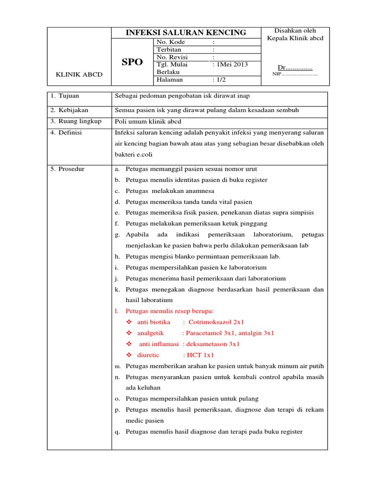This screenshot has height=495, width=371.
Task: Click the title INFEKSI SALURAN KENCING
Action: pyautogui.click(x=186, y=33)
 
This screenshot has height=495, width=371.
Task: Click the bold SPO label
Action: pyautogui.click(x=133, y=62)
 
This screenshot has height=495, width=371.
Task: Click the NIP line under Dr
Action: pyautogui.click(x=295, y=74)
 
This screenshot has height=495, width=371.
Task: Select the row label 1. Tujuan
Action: pyautogui.click(x=67, y=96)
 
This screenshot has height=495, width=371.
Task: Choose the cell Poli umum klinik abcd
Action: pyautogui.click(x=147, y=121)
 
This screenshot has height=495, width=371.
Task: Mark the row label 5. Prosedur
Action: pyautogui.click(x=68, y=169)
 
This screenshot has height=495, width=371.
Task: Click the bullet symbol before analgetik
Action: pyautogui.click(x=128, y=333)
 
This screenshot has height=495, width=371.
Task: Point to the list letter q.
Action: pyautogui.click(x=117, y=432)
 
